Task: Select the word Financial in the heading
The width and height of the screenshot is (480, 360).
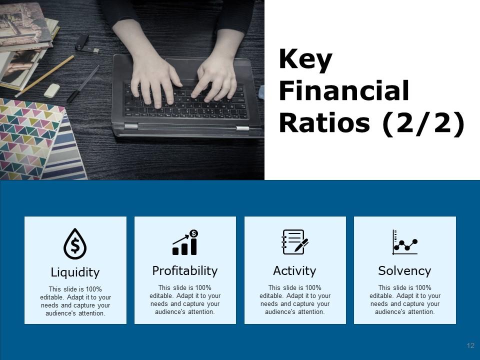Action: [x=344, y=90]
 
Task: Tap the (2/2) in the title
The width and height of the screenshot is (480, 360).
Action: [x=423, y=123]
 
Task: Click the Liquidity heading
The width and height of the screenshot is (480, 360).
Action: [x=75, y=272]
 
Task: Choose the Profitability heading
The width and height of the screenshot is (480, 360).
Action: [x=185, y=271]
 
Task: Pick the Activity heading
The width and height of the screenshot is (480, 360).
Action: [x=294, y=271]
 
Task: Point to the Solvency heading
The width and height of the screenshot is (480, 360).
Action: [x=404, y=271]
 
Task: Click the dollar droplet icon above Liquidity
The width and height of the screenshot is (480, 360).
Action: [x=75, y=244]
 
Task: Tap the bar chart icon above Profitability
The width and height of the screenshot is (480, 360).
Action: [x=185, y=242]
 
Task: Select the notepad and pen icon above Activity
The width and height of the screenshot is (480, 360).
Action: [x=295, y=242]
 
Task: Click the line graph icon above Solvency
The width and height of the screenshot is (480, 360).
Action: [x=404, y=242]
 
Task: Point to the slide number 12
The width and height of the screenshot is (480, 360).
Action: [x=470, y=345]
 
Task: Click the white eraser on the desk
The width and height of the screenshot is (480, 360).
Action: [x=51, y=90]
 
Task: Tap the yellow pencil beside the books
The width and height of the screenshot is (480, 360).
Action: [x=44, y=76]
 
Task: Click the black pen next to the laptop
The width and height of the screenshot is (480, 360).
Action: [x=83, y=83]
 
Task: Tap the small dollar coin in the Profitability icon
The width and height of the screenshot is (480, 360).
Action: [x=193, y=233]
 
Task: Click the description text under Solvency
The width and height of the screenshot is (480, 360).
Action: [x=404, y=299]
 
